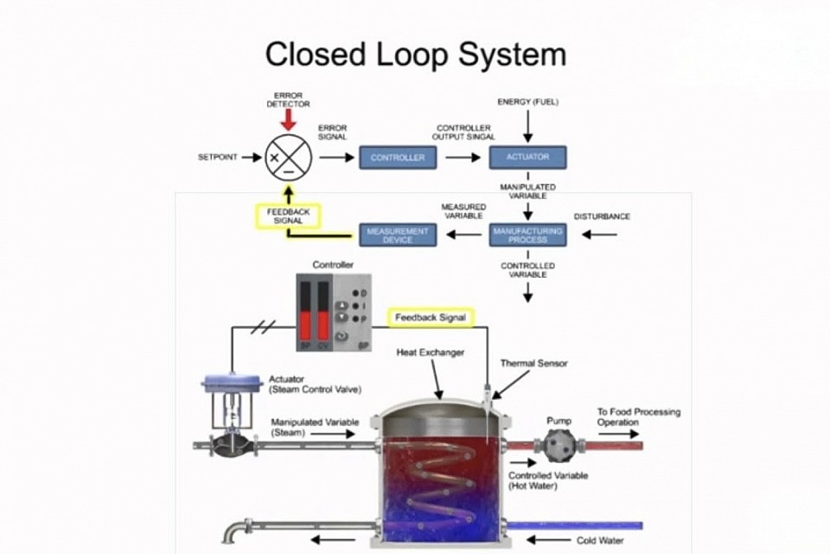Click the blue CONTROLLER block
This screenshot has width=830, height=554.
[x=398, y=158]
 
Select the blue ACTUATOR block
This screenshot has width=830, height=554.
[x=527, y=158]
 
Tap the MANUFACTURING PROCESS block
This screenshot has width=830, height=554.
[x=527, y=234]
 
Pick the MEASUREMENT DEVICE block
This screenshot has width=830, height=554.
[x=397, y=234]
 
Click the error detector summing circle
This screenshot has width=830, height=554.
[x=288, y=158]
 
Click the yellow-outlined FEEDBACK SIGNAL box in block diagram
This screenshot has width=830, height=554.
[x=289, y=216]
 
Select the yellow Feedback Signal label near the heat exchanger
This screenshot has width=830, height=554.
[x=430, y=318]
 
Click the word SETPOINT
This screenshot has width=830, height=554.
[x=218, y=158]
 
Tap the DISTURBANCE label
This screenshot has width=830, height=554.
[x=602, y=216]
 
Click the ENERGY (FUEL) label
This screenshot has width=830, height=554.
[x=527, y=102]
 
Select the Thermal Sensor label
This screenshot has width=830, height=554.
[x=534, y=364]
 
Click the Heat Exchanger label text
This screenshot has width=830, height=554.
[x=431, y=352]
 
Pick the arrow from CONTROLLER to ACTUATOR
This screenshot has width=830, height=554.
[x=463, y=158]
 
